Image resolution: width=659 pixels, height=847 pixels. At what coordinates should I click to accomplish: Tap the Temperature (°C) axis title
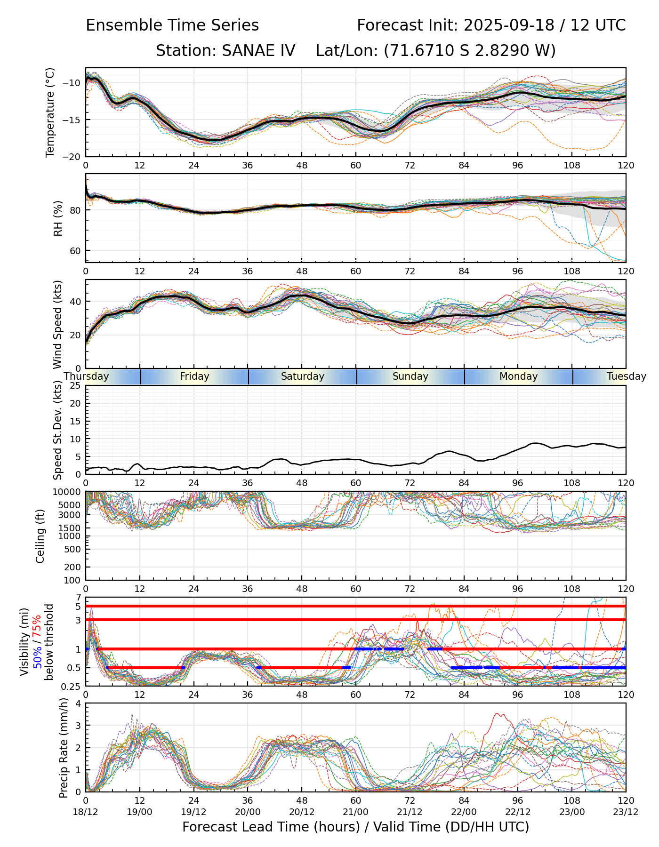[50, 112]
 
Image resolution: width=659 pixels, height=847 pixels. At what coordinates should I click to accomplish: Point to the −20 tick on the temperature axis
[74, 157]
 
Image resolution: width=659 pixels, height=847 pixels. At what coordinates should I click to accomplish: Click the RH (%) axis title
[58, 218]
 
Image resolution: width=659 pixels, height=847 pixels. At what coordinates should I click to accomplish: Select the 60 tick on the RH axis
[75, 251]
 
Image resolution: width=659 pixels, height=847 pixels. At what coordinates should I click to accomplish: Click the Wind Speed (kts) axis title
[57, 324]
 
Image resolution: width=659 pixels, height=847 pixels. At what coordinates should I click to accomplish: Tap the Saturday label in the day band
[303, 376]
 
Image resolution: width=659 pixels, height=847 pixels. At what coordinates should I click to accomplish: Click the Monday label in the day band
[518, 376]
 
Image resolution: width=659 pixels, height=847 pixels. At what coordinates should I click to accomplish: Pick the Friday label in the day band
[194, 376]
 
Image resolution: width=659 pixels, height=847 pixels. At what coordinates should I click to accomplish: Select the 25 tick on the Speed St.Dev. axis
[75, 386]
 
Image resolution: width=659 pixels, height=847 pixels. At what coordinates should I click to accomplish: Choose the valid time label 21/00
[356, 812]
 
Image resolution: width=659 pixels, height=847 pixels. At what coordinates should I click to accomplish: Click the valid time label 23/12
[626, 812]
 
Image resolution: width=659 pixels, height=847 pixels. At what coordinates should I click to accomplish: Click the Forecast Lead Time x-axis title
[355, 827]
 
